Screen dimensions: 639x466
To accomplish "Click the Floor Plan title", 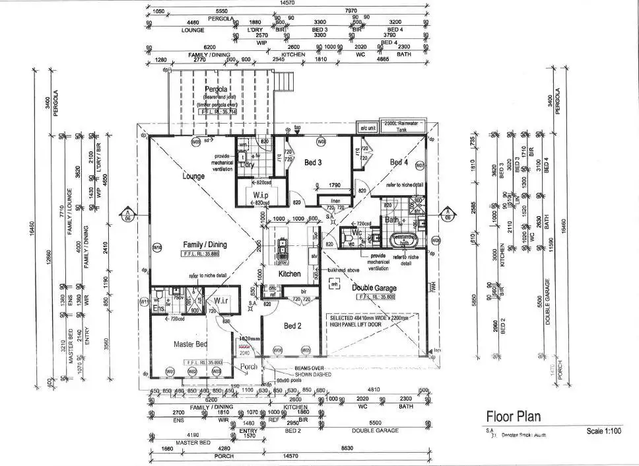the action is [x=514, y=416].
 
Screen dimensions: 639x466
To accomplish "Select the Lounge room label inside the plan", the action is [x=193, y=177].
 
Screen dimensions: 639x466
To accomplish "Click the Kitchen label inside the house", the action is [x=289, y=274].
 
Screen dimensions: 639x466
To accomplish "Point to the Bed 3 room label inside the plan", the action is [x=313, y=162].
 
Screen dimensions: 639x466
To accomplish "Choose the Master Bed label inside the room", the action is [x=190, y=344].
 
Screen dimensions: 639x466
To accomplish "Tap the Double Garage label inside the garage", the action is [x=374, y=287].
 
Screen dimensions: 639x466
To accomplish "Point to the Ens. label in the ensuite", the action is [x=158, y=309].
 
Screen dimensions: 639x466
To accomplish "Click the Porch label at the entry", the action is [x=248, y=367].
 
